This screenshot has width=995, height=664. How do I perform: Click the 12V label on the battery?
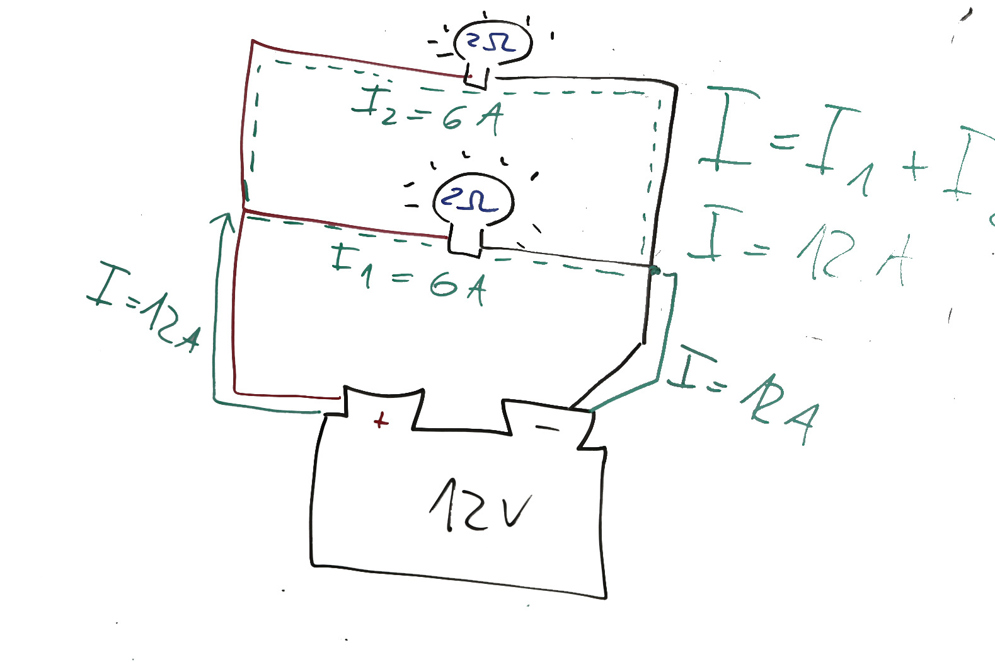480,506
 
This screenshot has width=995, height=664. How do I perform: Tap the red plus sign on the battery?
380,420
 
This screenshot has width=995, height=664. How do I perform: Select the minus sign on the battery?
546,429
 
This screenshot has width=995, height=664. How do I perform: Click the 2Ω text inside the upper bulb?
491,42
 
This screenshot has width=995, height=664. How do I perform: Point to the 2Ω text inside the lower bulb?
469,200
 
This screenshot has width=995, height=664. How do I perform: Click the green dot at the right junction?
655,271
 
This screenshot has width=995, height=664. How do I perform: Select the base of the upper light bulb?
476,77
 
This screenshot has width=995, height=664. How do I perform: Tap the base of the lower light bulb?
464,242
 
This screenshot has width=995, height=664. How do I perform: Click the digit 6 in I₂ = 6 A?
452,118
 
